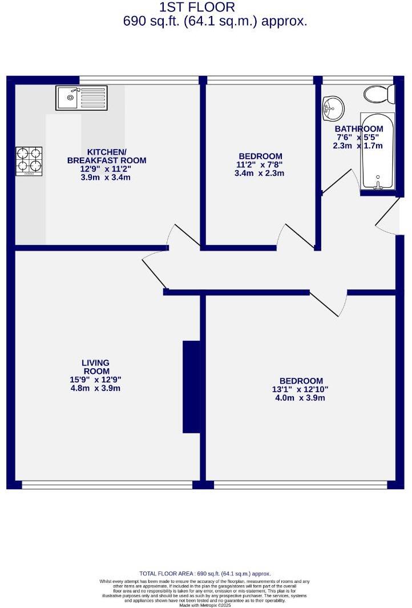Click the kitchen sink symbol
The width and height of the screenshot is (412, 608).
[x=81, y=98]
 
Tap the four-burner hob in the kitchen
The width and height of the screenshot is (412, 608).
[x=29, y=161]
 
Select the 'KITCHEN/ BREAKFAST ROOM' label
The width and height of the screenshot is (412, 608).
[x=107, y=156]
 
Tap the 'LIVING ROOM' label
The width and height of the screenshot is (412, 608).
[x=95, y=367]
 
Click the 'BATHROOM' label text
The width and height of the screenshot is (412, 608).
[x=359, y=129]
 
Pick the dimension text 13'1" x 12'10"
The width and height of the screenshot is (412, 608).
[x=301, y=389]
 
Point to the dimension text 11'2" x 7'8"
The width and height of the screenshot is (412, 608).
[x=260, y=165]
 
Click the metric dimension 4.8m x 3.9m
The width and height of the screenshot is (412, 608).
[x=95, y=388]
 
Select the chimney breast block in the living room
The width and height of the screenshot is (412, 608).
[x=191, y=386]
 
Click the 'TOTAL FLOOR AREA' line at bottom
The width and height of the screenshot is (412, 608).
[x=205, y=574]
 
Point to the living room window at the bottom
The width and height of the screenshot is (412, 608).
[x=107, y=485]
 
